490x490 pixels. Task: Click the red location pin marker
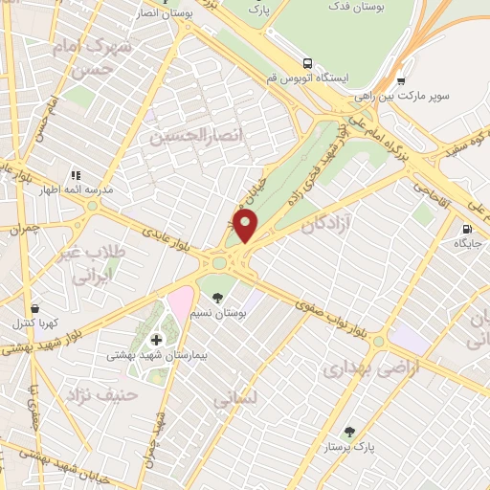click(x=246, y=226)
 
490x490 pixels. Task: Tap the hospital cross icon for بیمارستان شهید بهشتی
click(x=157, y=339)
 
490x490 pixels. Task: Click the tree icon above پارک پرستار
click(x=348, y=433)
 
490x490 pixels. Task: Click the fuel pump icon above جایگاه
click(x=467, y=230)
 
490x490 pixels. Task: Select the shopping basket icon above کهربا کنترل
click(x=35, y=309)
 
